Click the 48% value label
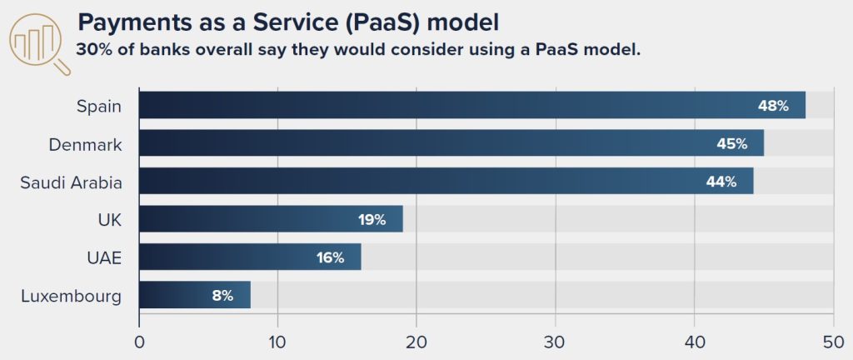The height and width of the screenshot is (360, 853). tap(773, 106)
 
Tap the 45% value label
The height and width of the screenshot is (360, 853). tap(732, 144)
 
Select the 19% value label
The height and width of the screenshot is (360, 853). tap(371, 220)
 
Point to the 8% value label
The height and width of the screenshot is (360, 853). tap(222, 296)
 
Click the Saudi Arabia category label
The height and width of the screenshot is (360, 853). tap(72, 182)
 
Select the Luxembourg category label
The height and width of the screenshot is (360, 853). tap(71, 296)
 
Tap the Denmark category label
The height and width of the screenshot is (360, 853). tap(85, 144)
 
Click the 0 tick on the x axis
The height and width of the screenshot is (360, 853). tap(139, 342)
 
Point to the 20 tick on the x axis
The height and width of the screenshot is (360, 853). tap(417, 342)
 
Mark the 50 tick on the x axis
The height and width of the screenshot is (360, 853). tap(833, 342)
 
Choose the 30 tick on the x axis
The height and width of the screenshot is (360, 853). tap(556, 342)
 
